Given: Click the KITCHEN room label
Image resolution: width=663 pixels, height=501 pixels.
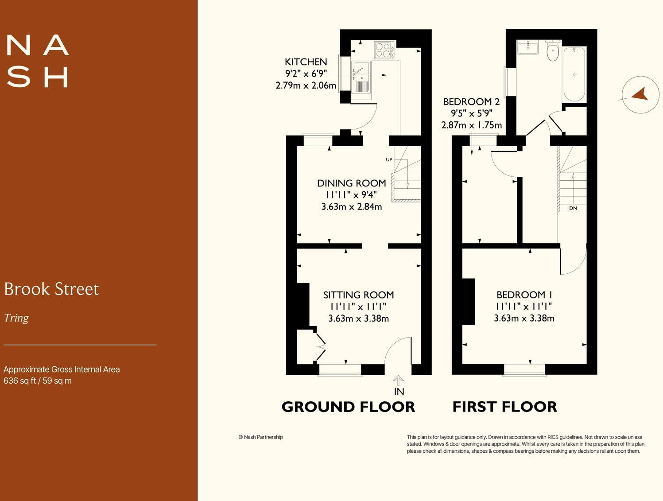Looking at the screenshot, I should (x=306, y=62).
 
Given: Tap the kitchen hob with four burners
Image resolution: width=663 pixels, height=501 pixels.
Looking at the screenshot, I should (x=384, y=50).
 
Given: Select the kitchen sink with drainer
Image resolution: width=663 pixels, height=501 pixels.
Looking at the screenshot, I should (x=361, y=77).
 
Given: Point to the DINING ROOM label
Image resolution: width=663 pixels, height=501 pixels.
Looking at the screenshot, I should (x=351, y=183).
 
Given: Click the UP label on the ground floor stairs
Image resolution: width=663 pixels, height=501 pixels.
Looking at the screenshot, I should (x=389, y=159).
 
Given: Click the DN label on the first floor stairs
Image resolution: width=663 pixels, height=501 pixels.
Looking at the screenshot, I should (x=573, y=208).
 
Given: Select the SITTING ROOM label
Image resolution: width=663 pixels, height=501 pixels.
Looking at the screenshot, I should (x=358, y=295).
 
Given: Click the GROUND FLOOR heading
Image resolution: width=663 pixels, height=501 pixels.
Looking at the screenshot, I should (x=348, y=407).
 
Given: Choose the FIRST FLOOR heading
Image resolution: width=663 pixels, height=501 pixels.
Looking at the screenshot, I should (x=504, y=407).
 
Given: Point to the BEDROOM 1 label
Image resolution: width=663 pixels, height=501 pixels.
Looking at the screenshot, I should (x=524, y=295).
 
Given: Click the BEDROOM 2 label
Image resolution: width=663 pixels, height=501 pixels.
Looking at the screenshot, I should (x=471, y=102).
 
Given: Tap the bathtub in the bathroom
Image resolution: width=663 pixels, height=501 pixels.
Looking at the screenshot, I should (x=574, y=74).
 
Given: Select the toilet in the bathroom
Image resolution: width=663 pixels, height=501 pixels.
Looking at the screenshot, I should (x=553, y=51).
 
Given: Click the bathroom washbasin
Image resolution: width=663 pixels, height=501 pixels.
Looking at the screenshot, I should (x=527, y=47).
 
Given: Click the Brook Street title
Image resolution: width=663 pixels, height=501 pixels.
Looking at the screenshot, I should (x=51, y=289).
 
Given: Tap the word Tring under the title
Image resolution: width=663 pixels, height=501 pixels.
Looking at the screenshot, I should (x=16, y=318).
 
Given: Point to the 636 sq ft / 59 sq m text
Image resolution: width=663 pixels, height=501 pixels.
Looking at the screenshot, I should (x=38, y=381).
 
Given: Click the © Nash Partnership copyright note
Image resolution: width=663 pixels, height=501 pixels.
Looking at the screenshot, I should (x=260, y=437).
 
